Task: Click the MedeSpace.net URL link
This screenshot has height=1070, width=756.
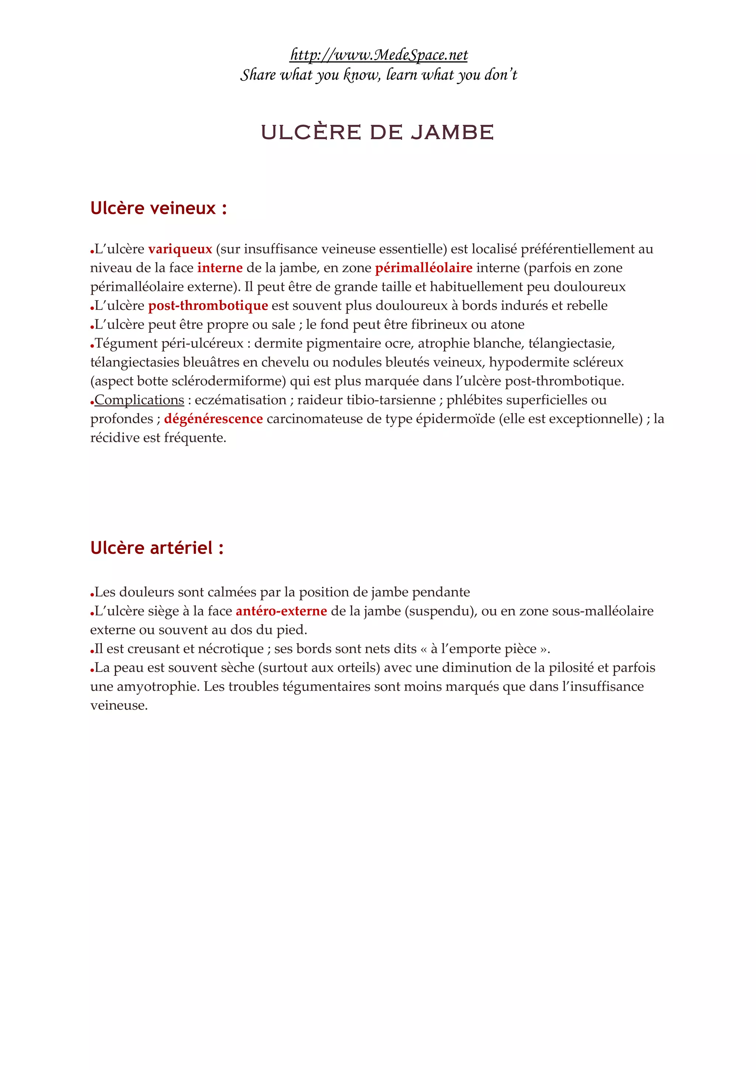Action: click(x=378, y=55)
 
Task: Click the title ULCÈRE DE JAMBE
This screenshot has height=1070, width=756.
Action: click(x=377, y=132)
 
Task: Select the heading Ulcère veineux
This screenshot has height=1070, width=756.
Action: click(x=158, y=208)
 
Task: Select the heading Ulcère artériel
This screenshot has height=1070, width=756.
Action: click(x=157, y=548)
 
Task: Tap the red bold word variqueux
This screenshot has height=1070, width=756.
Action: click(x=180, y=249)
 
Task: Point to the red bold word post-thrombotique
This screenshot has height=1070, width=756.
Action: click(x=208, y=306)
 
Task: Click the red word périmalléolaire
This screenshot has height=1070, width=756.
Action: click(x=423, y=268)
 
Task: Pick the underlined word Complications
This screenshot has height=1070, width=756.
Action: click(x=139, y=400)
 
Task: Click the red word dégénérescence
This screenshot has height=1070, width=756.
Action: click(x=213, y=419)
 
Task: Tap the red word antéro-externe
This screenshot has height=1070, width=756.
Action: click(x=281, y=611)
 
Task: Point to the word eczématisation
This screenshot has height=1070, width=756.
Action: click(x=240, y=400)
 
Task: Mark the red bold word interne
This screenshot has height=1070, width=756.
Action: click(x=220, y=268)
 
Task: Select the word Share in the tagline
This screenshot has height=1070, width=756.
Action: click(x=258, y=75)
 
